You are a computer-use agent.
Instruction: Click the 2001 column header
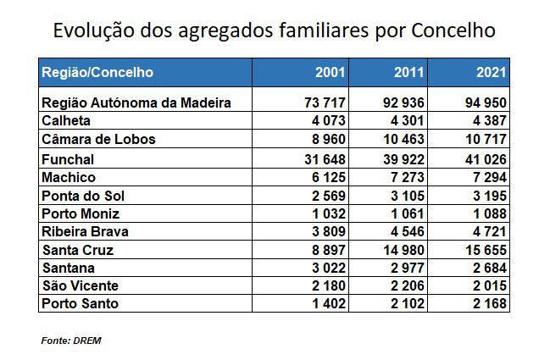(x=329, y=73)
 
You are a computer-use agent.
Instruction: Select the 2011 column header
(x=410, y=73)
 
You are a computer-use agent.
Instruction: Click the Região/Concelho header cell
(x=97, y=73)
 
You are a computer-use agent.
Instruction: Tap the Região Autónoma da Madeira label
(x=136, y=103)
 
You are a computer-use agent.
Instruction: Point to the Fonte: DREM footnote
(x=71, y=341)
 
